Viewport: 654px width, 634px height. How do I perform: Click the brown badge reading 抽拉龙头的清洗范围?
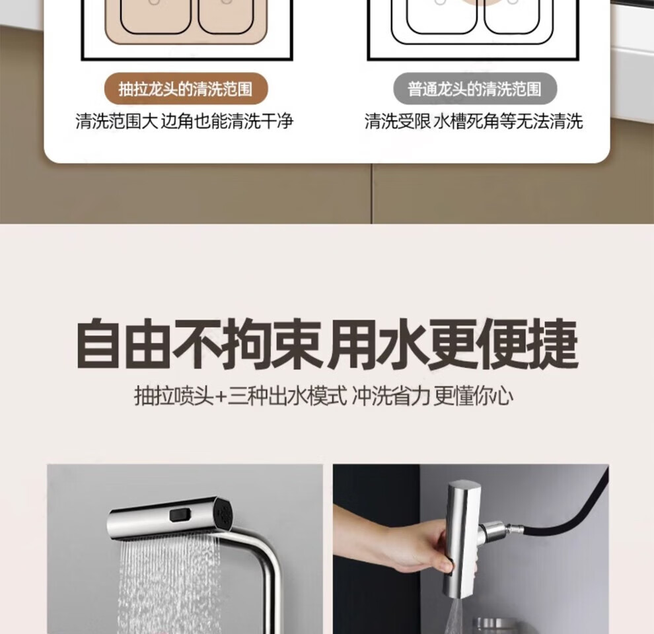point(186,89)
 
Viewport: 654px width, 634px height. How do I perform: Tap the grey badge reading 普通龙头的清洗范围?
point(475,89)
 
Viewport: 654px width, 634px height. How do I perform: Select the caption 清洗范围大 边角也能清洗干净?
point(184,121)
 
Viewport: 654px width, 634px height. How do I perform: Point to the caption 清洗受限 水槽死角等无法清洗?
point(474,121)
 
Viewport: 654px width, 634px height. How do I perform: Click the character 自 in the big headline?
point(98,345)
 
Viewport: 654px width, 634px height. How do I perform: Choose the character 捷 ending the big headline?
point(554,345)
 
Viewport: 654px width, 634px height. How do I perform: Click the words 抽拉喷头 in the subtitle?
point(174,396)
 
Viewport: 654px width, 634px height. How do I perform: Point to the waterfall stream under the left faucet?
point(169,584)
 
